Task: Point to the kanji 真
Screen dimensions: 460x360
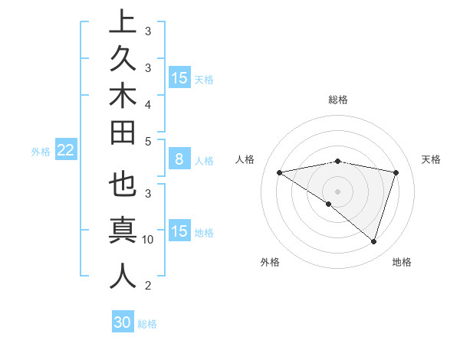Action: pyautogui.click(x=123, y=231)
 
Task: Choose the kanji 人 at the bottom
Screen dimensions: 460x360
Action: pyautogui.click(x=123, y=277)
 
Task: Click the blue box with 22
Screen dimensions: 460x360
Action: pyautogui.click(x=66, y=150)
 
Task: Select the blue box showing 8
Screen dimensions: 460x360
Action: pyautogui.click(x=179, y=159)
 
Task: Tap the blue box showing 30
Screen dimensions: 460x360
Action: pyautogui.click(x=123, y=322)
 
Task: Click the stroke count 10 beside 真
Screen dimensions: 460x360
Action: pyautogui.click(x=148, y=240)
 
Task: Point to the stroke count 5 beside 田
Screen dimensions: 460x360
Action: pyautogui.click(x=148, y=141)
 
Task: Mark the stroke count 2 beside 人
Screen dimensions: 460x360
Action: pyautogui.click(x=148, y=286)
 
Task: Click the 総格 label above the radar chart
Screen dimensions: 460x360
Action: pyautogui.click(x=337, y=100)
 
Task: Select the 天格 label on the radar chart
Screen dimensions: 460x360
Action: pyautogui.click(x=432, y=159)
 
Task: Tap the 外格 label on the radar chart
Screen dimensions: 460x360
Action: pyautogui.click(x=270, y=262)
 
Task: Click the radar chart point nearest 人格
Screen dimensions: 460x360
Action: pyautogui.click(x=280, y=172)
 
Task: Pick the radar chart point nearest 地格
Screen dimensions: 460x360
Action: pyautogui.click(x=373, y=241)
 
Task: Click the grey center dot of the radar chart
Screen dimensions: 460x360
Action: pyautogui.click(x=337, y=191)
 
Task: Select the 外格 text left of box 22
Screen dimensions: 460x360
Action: pyautogui.click(x=41, y=152)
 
